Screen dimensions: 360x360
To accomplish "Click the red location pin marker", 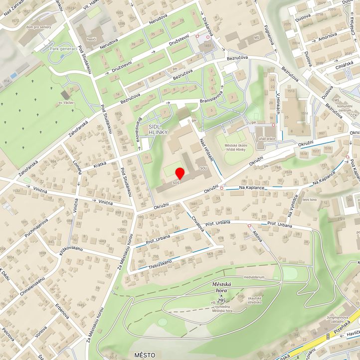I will point(180,174).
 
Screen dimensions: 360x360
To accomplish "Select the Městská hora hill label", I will point(222,286).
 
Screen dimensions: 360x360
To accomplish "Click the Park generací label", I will point(63,49).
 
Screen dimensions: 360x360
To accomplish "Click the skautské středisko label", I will point(255,300).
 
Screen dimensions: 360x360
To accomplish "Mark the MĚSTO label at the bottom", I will point(145,355).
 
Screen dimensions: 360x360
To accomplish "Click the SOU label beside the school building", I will point(203,169).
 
